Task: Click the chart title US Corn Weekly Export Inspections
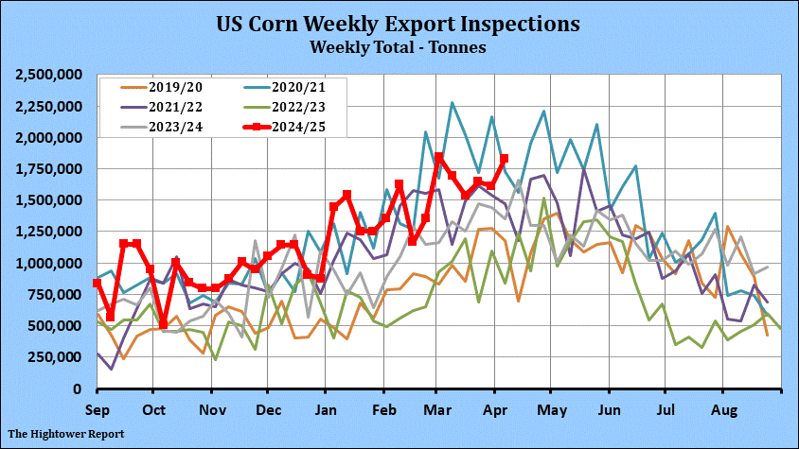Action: (399, 22)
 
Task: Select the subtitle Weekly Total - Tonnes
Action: (399, 44)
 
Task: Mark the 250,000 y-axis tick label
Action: (57, 357)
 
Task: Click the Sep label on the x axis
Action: (98, 411)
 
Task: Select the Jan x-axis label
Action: (326, 411)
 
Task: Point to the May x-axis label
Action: (554, 411)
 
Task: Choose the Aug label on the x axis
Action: (724, 411)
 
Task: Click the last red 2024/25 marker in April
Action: (504, 159)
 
